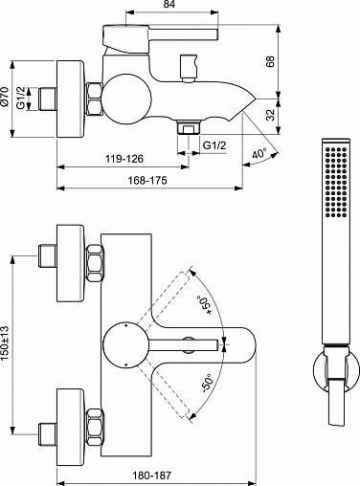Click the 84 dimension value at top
pos(169,4)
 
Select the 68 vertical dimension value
pos(270,61)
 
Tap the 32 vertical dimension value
pos(270,115)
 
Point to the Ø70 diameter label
pos(5,97)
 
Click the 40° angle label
pos(259,154)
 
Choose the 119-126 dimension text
pos(124,159)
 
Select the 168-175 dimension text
pos(147,180)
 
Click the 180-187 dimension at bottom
pos(152,475)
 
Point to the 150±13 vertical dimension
pos(5,343)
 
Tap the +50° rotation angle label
pos(205,305)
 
